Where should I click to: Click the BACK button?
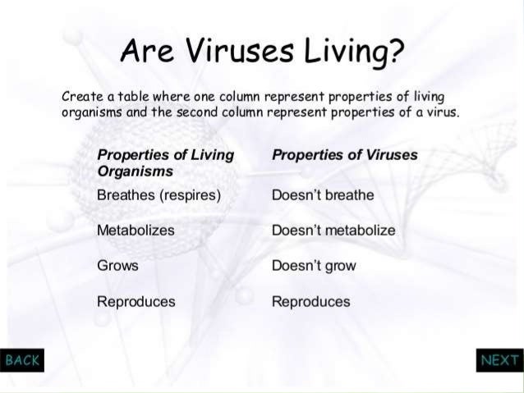click(21, 360)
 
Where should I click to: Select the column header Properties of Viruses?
click(344, 154)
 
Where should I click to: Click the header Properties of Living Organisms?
click(164, 162)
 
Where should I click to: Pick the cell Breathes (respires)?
click(159, 195)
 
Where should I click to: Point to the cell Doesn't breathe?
click(322, 195)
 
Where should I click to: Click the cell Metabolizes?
click(136, 231)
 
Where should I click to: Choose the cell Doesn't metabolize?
click(333, 231)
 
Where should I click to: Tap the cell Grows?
click(117, 266)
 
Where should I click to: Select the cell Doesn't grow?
click(314, 266)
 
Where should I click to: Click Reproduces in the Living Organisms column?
click(136, 301)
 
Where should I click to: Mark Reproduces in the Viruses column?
click(310, 301)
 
